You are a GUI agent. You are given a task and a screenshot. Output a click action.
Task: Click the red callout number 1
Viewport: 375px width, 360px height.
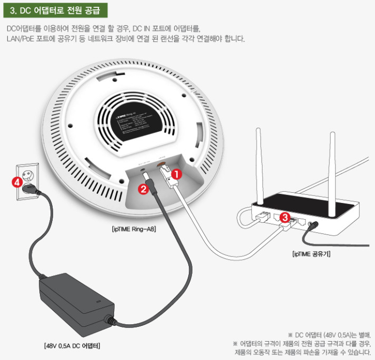click(177, 172)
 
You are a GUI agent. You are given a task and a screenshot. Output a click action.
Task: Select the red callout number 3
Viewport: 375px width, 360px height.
click(285, 216)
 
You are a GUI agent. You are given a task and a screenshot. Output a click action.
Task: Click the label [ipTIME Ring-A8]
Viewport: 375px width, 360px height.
click(134, 229)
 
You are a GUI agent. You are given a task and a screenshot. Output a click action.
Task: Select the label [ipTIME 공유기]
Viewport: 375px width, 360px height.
click(311, 254)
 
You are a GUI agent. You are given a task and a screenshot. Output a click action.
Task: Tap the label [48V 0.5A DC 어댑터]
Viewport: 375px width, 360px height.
click(72, 346)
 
